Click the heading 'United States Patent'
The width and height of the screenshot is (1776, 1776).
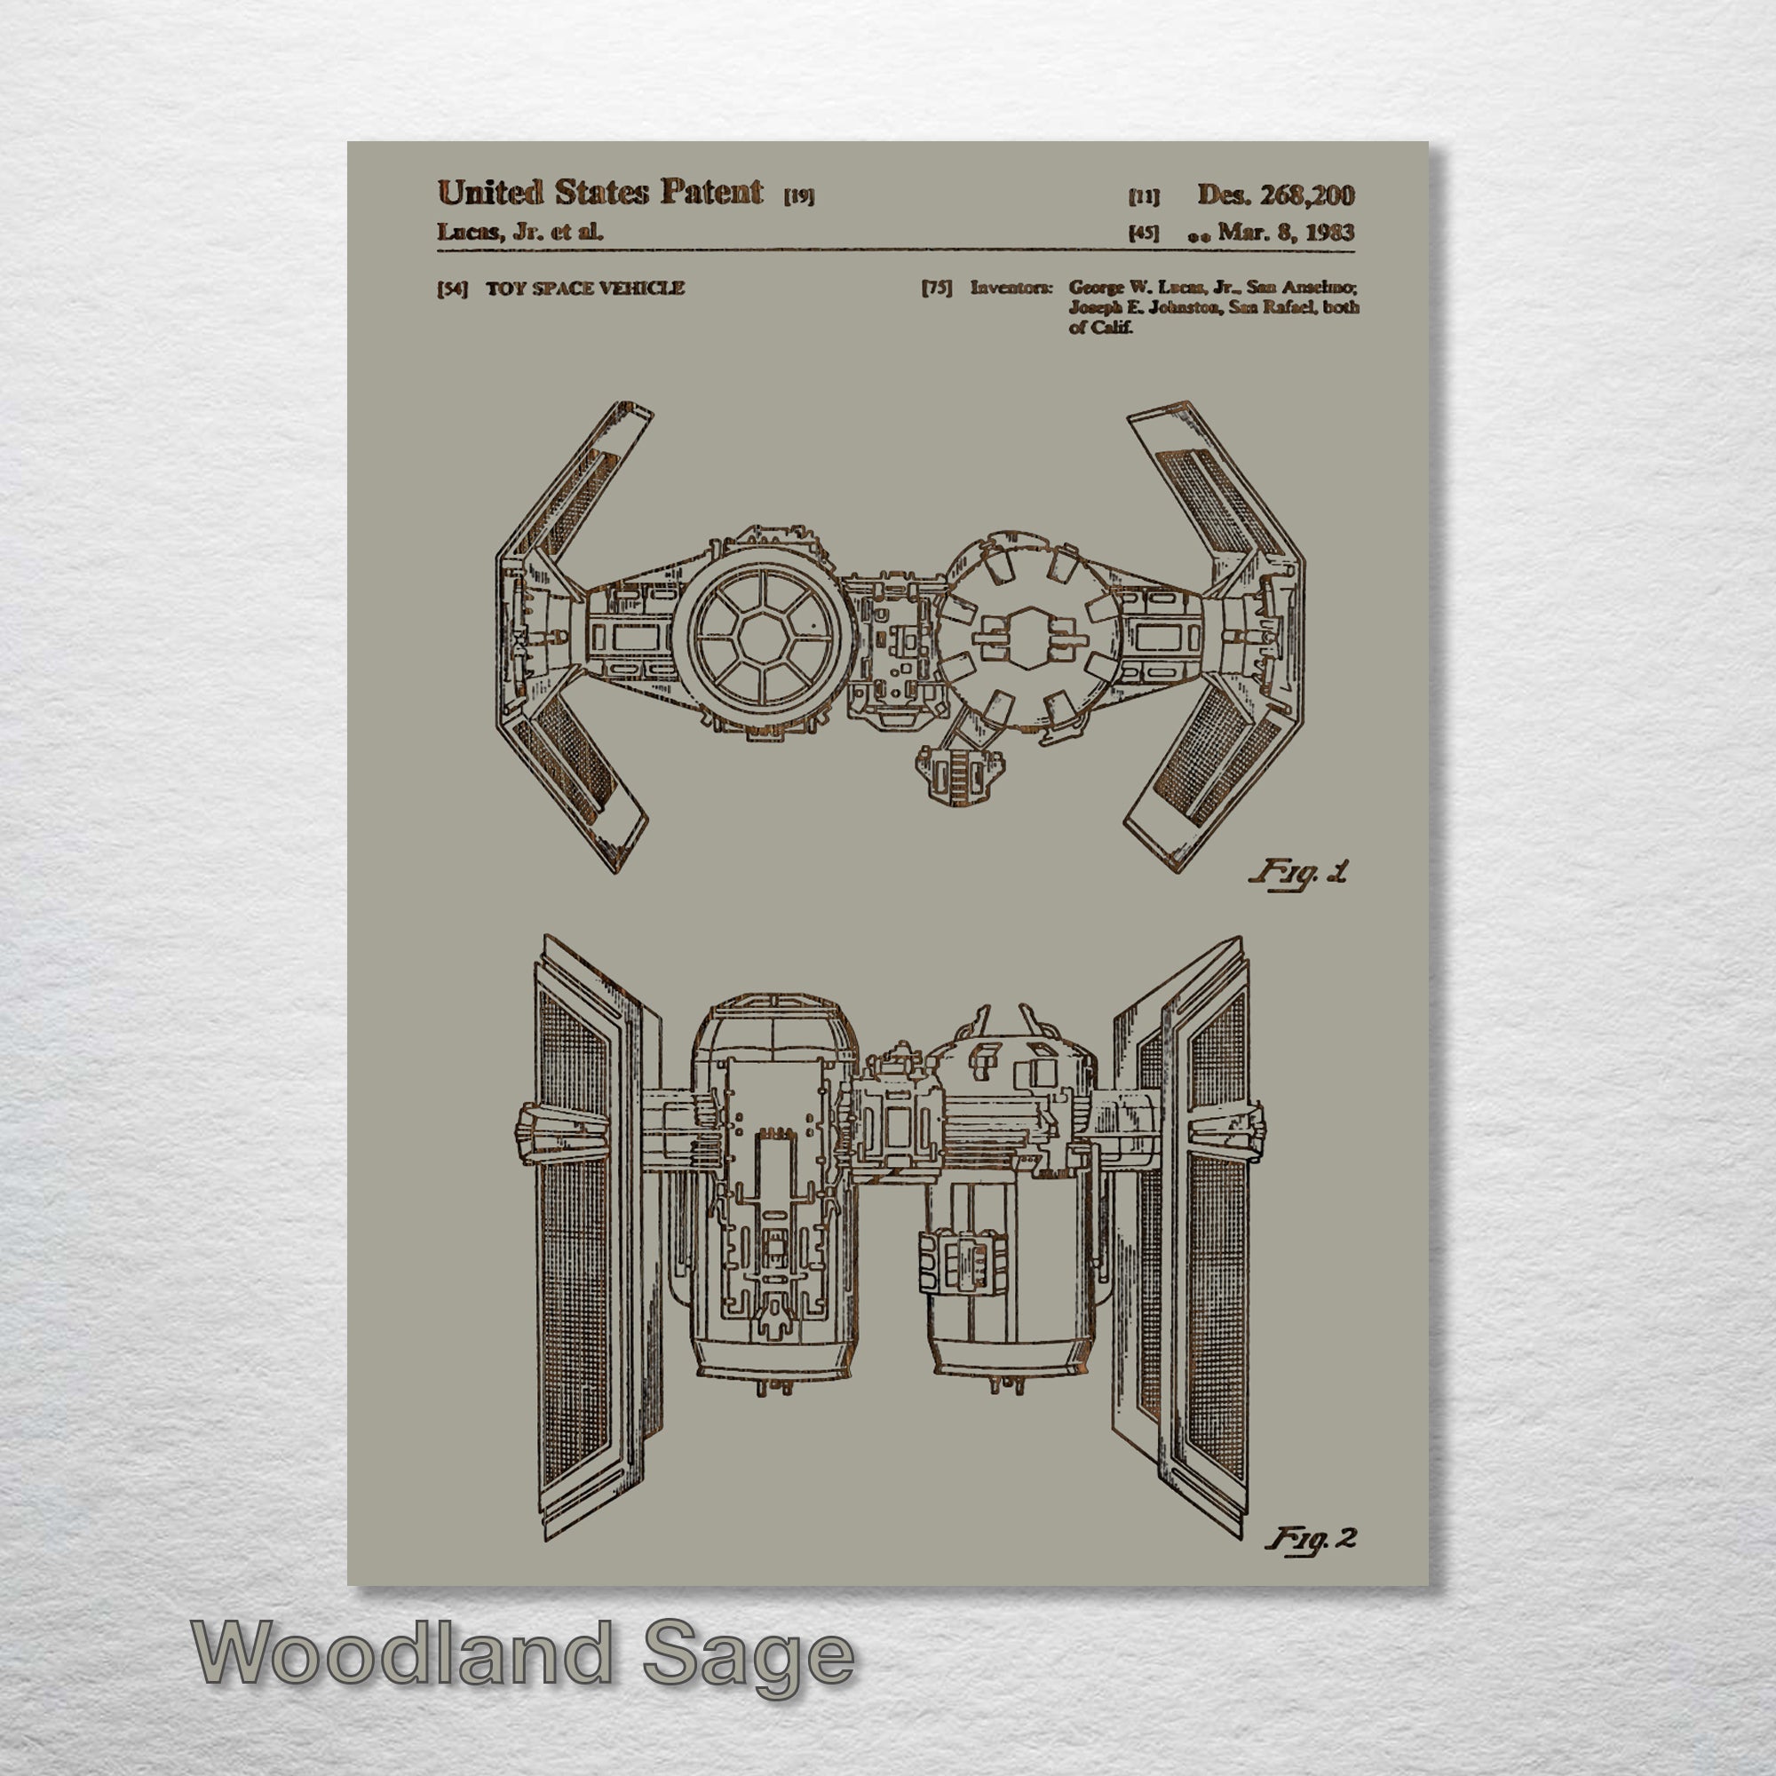point(599,192)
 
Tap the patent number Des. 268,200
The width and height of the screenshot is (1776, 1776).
point(1275,194)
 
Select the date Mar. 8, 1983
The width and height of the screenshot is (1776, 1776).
point(1285,232)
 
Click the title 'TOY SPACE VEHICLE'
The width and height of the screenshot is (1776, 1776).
point(584,289)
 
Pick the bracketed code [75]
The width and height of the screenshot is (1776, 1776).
point(937,289)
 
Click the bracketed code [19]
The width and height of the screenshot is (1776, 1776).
point(799,195)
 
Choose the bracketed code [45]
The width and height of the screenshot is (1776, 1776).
point(1144,234)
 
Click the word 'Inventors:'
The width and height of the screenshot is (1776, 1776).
point(1011,288)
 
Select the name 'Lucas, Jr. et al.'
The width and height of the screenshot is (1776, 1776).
point(520,232)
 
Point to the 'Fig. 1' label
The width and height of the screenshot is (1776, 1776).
point(1298,872)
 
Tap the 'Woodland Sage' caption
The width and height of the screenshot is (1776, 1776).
point(523,1654)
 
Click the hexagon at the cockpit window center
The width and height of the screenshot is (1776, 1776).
point(761,634)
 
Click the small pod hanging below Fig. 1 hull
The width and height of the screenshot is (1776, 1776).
point(959,775)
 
